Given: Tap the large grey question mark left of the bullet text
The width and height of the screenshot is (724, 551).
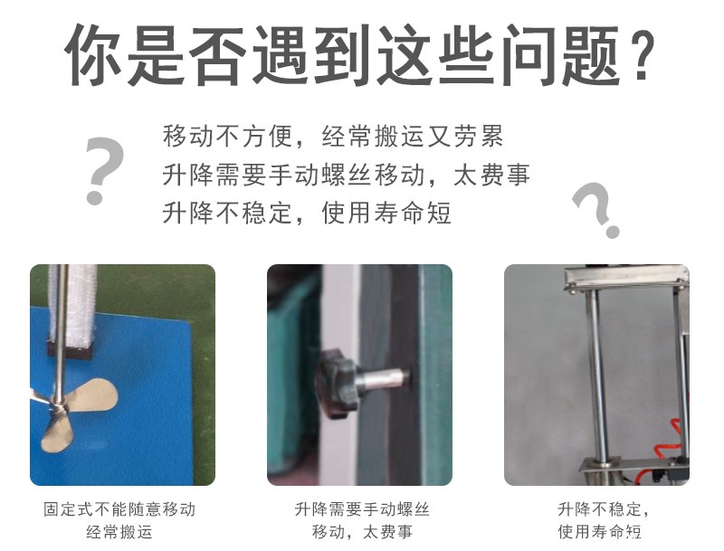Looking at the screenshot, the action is (104, 170).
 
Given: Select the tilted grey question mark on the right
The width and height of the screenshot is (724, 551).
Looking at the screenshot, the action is (596, 209).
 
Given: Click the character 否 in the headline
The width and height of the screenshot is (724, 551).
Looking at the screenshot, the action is (218, 55).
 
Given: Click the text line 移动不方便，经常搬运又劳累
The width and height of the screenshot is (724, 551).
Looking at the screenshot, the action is (333, 136).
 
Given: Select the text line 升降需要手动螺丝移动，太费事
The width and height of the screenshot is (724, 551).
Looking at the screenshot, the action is (346, 175).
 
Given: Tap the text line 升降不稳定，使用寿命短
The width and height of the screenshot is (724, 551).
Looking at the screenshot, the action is (307, 213).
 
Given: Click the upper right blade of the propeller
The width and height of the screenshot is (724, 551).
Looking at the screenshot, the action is (91, 395).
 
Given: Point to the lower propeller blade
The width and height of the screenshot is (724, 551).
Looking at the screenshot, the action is (57, 432).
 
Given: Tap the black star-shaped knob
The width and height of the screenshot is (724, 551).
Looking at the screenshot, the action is (337, 382).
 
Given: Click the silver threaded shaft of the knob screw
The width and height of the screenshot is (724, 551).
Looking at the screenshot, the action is (383, 378).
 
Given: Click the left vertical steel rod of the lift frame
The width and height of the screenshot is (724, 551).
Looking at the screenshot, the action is (596, 374).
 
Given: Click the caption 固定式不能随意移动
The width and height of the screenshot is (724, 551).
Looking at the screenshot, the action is (119, 509).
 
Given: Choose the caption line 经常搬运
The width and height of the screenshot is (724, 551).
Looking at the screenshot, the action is (119, 532).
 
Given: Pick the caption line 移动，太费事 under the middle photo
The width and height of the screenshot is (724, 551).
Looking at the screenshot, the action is (362, 532).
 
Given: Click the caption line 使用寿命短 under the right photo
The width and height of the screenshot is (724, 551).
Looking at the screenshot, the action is (599, 532).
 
